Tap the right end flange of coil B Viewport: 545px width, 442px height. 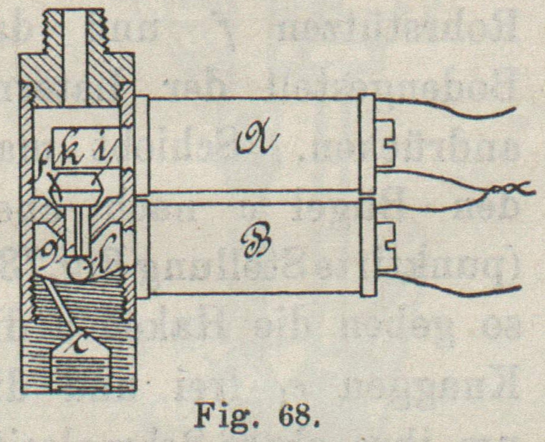point(367,247)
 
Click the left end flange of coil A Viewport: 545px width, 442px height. point(142,144)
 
